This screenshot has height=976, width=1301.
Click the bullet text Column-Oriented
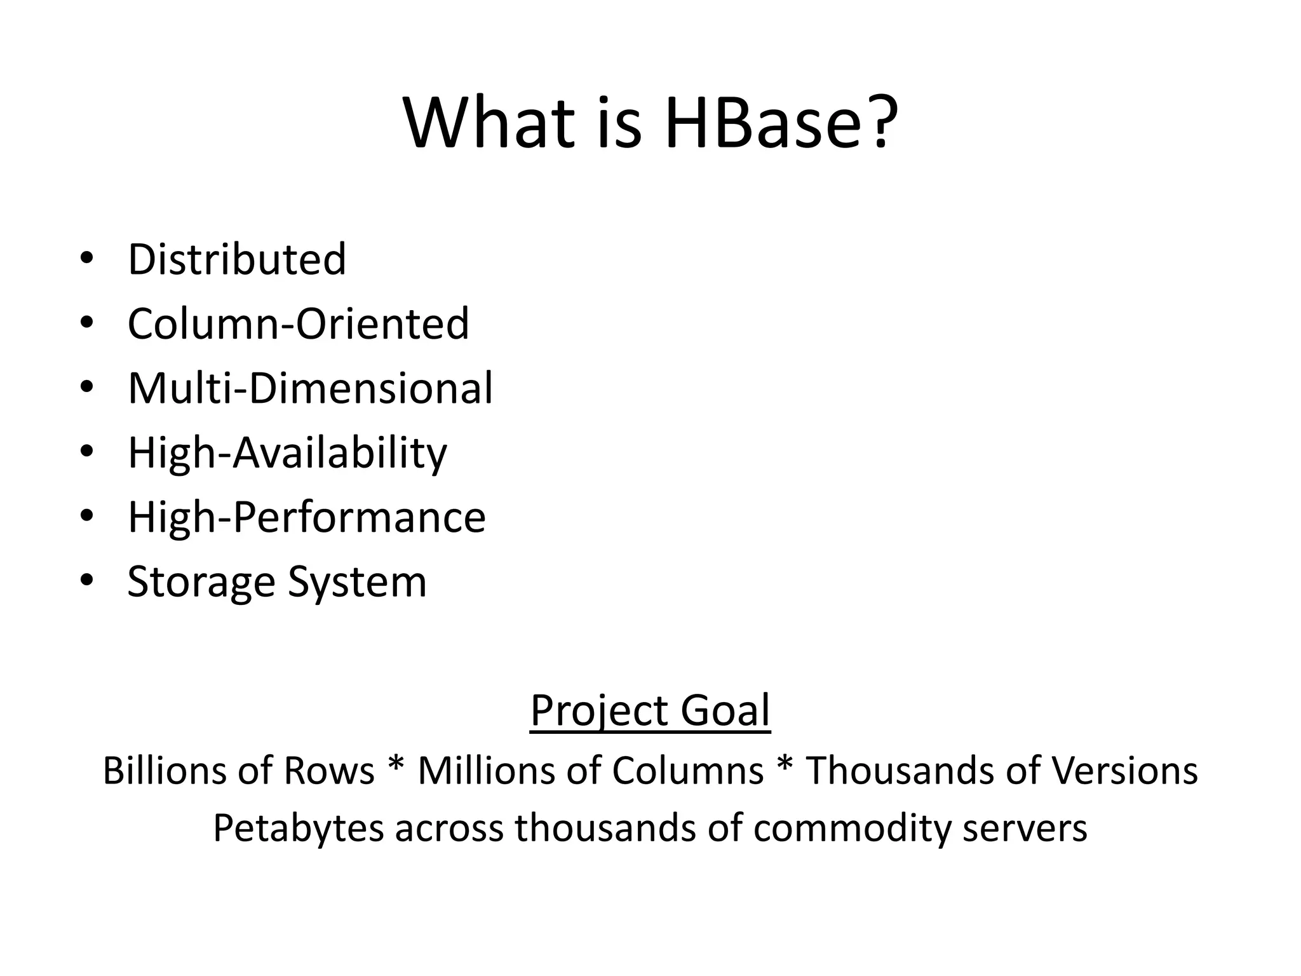click(298, 323)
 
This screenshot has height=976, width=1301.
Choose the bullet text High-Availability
click(287, 453)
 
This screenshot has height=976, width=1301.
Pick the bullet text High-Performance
click(306, 517)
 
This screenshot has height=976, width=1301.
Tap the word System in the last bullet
click(357, 582)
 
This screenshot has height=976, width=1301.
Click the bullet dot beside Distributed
click(87, 258)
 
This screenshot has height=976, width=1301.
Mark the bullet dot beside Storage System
click(87, 579)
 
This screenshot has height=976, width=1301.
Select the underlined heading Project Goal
click(650, 710)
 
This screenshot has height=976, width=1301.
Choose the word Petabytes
click(298, 829)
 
